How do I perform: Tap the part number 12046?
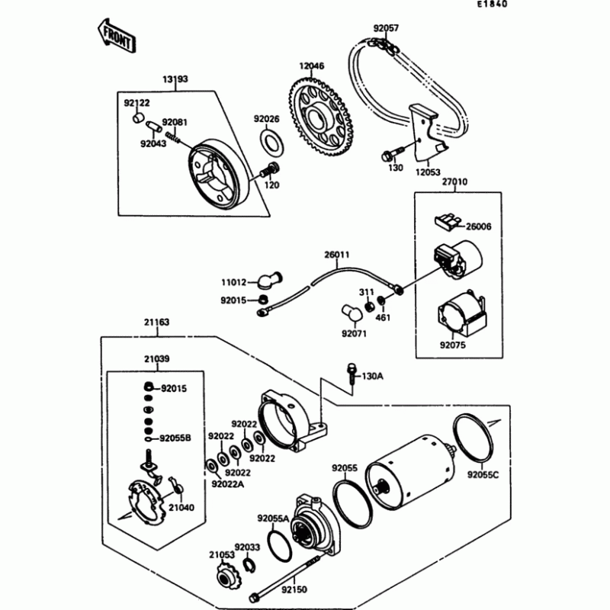point(311,66)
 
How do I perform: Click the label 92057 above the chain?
point(386,28)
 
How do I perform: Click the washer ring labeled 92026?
point(269,141)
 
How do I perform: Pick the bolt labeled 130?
point(387,158)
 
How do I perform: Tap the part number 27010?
point(454,183)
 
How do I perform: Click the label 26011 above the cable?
point(336,255)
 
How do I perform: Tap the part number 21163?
point(154,323)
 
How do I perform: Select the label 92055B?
point(174,438)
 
